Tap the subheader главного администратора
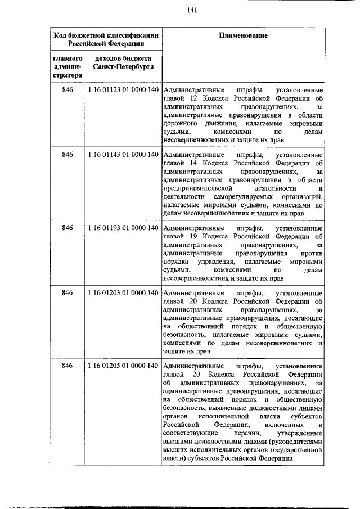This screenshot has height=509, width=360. [x=68, y=67]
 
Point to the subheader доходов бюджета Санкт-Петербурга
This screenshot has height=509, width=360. [x=122, y=62]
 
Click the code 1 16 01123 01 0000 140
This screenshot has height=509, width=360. [x=122, y=91]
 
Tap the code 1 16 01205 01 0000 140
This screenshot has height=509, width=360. [x=122, y=366]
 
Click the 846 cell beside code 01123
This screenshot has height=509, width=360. [x=68, y=91]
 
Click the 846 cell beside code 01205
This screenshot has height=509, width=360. [x=68, y=366]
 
